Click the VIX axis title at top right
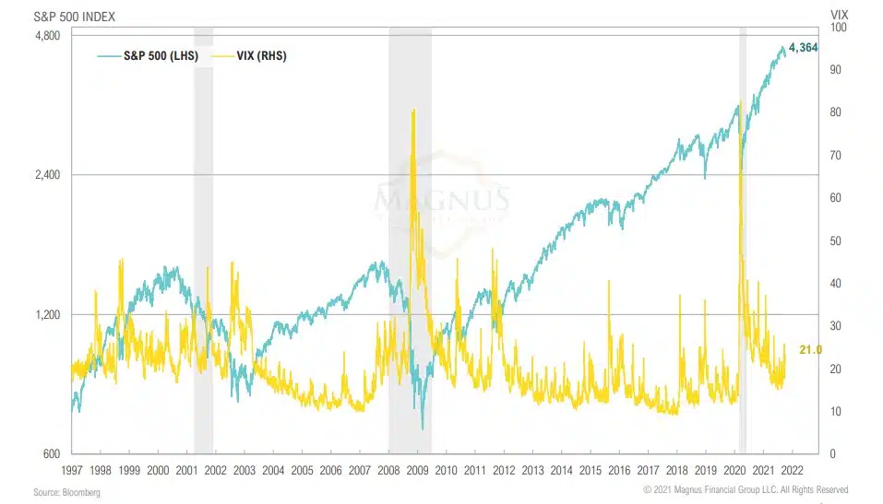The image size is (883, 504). (x=839, y=16)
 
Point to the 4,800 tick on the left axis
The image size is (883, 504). (x=46, y=35)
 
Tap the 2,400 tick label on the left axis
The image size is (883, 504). (x=46, y=175)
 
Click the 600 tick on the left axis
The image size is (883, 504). (x=52, y=454)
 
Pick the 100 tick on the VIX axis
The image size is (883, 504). (x=837, y=28)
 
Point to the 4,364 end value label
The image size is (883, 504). (x=803, y=48)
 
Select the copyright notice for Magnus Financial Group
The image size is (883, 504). (x=746, y=490)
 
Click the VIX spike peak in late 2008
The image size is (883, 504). (x=412, y=110)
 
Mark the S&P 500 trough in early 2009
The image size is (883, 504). (x=422, y=428)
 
